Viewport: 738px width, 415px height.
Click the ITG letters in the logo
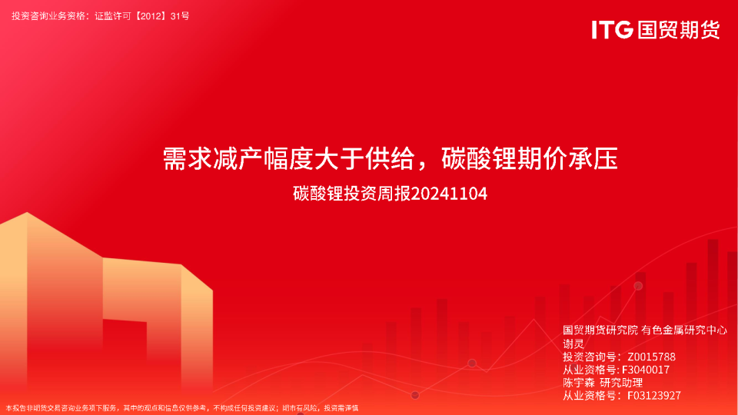[x=612, y=30]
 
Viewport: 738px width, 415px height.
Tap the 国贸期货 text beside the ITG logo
[x=679, y=30]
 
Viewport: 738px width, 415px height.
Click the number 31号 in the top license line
[x=180, y=16]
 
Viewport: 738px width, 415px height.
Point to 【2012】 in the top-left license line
[x=151, y=16]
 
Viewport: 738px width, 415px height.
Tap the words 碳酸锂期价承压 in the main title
[x=530, y=158]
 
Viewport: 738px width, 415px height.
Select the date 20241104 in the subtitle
[x=449, y=194]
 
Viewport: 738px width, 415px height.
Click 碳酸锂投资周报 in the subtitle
[x=352, y=194]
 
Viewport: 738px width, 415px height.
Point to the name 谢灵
[x=573, y=344]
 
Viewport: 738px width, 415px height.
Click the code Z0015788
[x=651, y=357]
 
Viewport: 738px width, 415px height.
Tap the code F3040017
[x=645, y=370]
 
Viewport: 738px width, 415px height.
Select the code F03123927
[x=654, y=396]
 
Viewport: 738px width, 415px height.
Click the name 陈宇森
[x=579, y=383]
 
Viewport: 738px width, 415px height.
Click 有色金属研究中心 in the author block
[x=684, y=330]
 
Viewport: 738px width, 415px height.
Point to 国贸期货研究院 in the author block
[x=600, y=330]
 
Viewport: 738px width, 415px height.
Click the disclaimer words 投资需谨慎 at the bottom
[x=341, y=408]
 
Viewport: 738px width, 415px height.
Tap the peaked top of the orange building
[x=27, y=213]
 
